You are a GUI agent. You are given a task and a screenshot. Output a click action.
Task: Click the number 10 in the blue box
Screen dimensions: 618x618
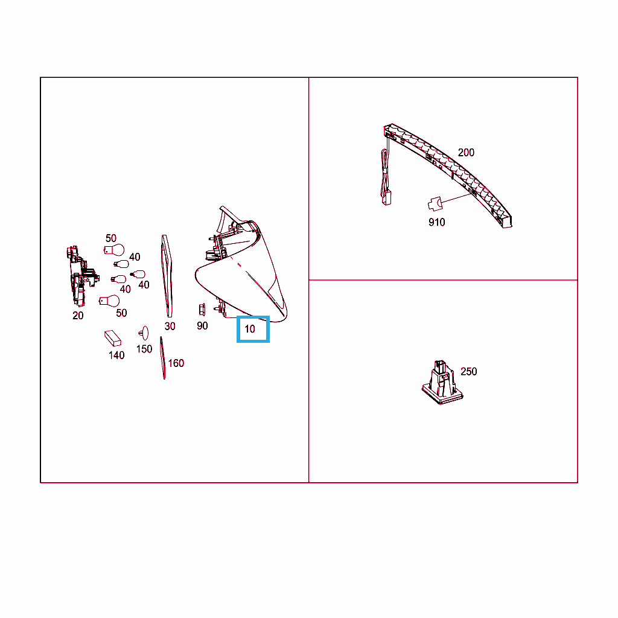[250, 329]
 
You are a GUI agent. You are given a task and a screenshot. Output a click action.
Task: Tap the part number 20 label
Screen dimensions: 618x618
[78, 316]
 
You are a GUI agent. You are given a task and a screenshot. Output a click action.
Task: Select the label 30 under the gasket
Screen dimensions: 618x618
[170, 327]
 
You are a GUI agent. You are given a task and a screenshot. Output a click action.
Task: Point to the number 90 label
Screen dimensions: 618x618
[202, 326]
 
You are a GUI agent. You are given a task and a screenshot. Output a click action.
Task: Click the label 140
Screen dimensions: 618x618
[116, 355]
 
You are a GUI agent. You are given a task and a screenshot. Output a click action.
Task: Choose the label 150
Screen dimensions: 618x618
[144, 349]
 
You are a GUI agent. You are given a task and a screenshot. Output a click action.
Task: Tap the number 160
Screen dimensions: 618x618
[176, 363]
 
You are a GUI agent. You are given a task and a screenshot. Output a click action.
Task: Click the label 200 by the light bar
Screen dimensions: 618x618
[467, 153]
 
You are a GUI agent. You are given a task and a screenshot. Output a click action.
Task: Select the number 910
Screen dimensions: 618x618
[437, 222]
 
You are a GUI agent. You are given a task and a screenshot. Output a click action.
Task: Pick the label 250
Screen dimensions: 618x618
[468, 372]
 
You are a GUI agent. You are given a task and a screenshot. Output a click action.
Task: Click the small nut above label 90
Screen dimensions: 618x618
[202, 310]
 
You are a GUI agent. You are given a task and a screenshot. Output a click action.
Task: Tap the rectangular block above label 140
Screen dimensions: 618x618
[113, 338]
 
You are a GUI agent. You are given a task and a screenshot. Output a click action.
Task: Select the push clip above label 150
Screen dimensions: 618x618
[144, 333]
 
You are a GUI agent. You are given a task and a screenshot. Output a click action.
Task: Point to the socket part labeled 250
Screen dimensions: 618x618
[442, 382]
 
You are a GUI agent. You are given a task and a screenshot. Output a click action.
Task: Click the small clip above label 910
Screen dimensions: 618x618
[435, 204]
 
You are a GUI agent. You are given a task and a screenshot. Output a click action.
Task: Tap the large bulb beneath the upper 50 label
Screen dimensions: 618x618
[114, 250]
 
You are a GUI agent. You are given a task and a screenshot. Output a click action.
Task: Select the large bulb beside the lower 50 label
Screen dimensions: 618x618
[109, 301]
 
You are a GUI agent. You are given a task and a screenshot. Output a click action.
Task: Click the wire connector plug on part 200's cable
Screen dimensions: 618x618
[387, 197]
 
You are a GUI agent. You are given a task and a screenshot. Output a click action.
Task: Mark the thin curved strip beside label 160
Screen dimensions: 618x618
[162, 358]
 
